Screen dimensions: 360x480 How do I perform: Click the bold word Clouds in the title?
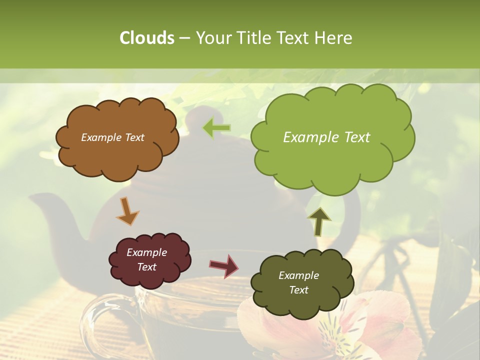(x=146, y=38)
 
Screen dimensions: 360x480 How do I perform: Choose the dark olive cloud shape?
(x=300, y=305)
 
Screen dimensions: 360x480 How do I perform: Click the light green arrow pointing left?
(x=216, y=128)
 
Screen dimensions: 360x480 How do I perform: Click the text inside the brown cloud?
(x=112, y=137)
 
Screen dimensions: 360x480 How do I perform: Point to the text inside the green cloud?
(x=326, y=137)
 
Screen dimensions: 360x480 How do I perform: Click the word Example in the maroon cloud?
(x=146, y=252)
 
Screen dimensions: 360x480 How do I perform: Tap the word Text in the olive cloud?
(x=298, y=290)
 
